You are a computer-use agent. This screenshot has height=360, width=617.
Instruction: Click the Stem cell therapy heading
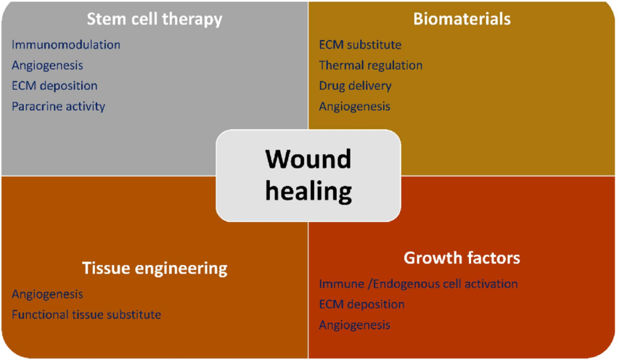(154, 19)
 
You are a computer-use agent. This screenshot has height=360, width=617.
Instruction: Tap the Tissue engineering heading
(154, 269)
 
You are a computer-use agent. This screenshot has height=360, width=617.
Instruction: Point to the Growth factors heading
(462, 258)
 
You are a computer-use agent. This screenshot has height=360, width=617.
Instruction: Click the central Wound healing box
(308, 175)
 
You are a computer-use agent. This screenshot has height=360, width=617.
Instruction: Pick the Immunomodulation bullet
(66, 45)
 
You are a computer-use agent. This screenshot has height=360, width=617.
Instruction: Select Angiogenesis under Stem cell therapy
(47, 65)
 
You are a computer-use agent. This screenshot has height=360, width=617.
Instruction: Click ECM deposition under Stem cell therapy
(54, 86)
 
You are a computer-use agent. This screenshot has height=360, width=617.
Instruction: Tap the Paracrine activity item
(58, 106)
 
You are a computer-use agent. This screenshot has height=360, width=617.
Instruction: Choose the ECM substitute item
(360, 45)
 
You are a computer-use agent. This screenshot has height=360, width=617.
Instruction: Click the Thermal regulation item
(370, 65)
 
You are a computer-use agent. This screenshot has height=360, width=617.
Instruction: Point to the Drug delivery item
(355, 86)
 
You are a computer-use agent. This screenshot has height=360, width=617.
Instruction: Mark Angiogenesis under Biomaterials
(354, 106)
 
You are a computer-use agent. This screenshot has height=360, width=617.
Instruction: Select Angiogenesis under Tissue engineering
(47, 295)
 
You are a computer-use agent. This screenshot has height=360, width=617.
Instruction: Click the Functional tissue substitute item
(86, 315)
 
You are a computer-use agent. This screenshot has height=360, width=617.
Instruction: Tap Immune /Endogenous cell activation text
(418, 284)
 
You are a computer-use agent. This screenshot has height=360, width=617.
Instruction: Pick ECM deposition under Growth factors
(361, 304)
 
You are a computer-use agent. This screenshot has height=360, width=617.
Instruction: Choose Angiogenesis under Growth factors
(354, 324)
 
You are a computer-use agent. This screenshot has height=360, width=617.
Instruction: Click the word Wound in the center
(308, 159)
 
